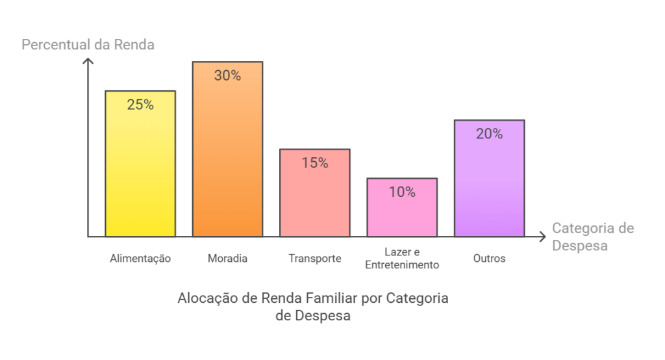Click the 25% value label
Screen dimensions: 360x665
tap(140, 105)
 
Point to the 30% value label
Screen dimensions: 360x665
tap(227, 75)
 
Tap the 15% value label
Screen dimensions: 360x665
tap(315, 163)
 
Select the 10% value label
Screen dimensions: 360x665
tap(402, 192)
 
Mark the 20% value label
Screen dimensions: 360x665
tap(489, 134)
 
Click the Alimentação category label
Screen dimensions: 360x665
tap(140, 259)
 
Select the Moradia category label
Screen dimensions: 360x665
tap(227, 259)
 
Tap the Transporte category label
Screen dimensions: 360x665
tap(315, 259)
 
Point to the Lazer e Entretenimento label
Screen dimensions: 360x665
tap(402, 259)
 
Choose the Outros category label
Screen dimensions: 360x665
tap(489, 259)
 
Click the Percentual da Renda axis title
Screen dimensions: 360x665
tap(88, 45)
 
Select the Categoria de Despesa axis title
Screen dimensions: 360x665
tap(592, 237)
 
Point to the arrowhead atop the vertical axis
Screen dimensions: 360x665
tap(88, 62)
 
